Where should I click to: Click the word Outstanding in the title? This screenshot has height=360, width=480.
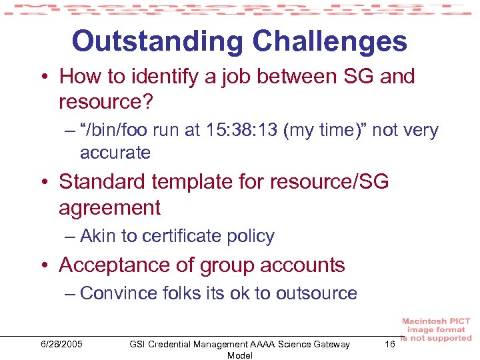pyautogui.click(x=155, y=41)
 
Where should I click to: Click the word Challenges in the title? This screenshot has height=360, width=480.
pyautogui.click(x=326, y=41)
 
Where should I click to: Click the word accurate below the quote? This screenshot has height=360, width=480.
pyautogui.click(x=115, y=153)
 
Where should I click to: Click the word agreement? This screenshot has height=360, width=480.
pyautogui.click(x=109, y=208)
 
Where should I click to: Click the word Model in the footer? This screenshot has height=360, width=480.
pyautogui.click(x=239, y=355)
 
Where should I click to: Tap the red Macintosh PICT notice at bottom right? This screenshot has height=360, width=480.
pyautogui.click(x=436, y=330)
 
